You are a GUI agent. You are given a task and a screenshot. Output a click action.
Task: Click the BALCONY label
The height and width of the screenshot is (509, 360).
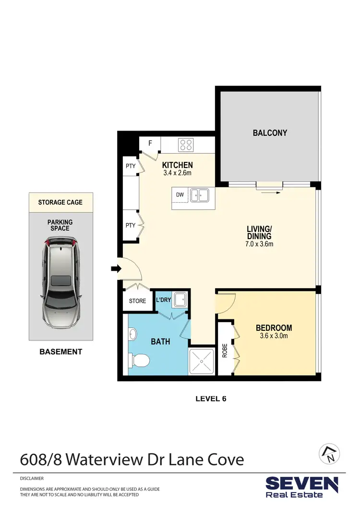click(x=270, y=133)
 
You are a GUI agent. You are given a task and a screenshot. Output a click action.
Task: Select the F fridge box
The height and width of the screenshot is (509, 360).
click(x=150, y=143)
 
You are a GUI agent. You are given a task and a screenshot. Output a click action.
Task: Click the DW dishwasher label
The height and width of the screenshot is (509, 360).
click(x=180, y=195)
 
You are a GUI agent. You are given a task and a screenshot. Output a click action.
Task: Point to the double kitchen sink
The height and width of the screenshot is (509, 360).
click(x=199, y=195)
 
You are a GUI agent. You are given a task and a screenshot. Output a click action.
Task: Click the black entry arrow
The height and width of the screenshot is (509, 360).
click(x=116, y=269)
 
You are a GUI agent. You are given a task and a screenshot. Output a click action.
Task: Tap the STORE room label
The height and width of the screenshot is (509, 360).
click(x=137, y=302)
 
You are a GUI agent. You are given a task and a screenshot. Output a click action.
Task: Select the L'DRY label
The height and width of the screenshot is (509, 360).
click(x=163, y=301)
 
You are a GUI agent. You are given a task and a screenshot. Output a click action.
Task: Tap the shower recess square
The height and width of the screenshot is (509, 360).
click(x=202, y=361)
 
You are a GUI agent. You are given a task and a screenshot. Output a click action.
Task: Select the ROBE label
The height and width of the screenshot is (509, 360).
click(x=225, y=350)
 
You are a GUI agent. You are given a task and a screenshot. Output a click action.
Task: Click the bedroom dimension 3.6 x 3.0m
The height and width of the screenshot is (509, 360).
click(x=274, y=336)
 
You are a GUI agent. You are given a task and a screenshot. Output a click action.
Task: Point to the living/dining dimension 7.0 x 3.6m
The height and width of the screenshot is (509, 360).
click(x=260, y=244)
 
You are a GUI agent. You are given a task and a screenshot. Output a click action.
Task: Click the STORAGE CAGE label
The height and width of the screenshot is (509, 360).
click(x=60, y=202)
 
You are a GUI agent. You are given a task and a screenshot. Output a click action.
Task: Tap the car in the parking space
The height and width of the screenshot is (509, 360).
click(x=60, y=283)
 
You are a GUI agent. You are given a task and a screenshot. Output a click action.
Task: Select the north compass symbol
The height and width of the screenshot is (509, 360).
click(x=329, y=453)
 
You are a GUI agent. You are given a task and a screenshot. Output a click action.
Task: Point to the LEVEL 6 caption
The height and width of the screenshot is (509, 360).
click(x=210, y=398)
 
